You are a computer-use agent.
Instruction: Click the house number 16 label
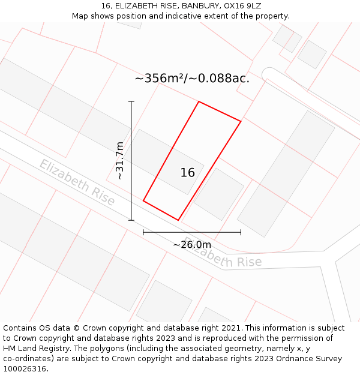pos(188,173)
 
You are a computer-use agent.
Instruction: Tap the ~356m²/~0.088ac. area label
pos(192,78)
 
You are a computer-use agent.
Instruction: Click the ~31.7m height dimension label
pos(119,160)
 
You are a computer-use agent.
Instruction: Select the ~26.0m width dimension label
pos(192,244)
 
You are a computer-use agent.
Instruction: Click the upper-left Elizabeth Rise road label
pos(77,182)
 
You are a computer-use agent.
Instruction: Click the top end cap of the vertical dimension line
pos(131,102)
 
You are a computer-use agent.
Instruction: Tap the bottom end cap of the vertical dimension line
pos(131,220)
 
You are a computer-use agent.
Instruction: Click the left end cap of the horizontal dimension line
pos(143,232)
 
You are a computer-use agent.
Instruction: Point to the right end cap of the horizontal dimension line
pos(241,232)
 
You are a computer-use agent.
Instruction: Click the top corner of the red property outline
pos(199,102)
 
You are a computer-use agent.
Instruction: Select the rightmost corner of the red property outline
pos(241,122)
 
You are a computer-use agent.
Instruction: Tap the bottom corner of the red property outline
pos(178,220)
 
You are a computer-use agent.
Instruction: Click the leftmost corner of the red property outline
pos(143,200)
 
